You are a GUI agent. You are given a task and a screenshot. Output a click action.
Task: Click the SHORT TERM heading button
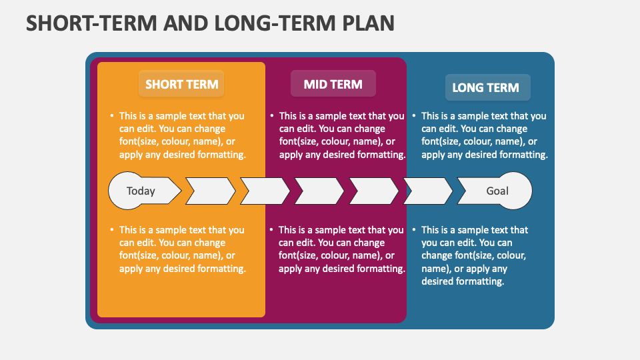click(x=181, y=85)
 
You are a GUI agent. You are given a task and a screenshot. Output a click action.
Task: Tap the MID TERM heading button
click(x=333, y=84)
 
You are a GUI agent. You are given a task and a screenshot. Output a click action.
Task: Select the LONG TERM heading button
click(x=485, y=87)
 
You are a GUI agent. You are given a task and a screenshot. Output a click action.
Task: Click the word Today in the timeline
click(x=141, y=191)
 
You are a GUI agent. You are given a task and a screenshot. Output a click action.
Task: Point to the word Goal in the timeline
click(x=497, y=191)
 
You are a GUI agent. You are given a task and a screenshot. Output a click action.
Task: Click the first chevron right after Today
click(x=210, y=191)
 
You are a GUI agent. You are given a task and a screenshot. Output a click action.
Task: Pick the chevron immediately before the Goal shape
click(x=429, y=191)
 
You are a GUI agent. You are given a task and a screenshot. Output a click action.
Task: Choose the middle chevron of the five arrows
click(x=319, y=191)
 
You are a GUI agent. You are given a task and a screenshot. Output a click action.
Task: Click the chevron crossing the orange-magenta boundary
click(x=265, y=191)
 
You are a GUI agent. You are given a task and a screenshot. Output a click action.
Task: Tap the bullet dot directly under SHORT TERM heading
click(x=111, y=116)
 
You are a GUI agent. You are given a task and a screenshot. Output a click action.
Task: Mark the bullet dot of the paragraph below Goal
click(x=413, y=230)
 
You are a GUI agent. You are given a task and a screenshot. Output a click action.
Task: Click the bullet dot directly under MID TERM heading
click(x=271, y=116)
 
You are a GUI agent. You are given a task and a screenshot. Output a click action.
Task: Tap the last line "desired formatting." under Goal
click(x=462, y=281)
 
